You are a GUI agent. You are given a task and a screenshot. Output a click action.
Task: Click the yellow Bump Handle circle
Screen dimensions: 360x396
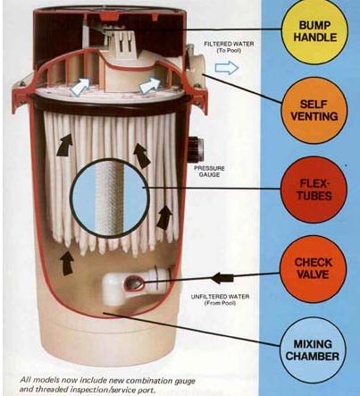(314, 30)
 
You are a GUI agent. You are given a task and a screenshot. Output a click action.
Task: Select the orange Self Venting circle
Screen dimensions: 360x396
(314, 110)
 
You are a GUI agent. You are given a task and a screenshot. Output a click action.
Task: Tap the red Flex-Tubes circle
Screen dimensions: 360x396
(314, 190)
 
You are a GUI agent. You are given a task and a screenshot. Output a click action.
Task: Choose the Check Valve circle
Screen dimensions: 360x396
(314, 268)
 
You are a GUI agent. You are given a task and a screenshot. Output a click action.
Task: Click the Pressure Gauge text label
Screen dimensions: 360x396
(209, 172)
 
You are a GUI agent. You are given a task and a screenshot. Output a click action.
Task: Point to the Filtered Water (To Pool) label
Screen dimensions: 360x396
(229, 47)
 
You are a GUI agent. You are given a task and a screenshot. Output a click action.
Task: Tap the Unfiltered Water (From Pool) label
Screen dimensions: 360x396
(220, 299)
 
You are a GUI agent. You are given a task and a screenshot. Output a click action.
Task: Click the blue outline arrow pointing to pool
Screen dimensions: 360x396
(227, 68)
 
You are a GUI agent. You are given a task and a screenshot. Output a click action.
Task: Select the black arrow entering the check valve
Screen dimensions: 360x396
(222, 278)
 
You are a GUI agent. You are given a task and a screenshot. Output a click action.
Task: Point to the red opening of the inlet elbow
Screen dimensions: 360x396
(134, 282)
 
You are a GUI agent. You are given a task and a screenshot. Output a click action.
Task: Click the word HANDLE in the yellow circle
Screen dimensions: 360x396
(315, 38)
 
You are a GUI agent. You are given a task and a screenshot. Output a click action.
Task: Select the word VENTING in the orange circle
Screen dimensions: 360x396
(314, 116)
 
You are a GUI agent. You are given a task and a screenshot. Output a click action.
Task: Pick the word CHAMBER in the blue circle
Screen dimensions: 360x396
(313, 357)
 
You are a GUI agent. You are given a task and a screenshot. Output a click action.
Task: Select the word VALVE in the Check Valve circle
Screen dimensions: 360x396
(314, 274)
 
